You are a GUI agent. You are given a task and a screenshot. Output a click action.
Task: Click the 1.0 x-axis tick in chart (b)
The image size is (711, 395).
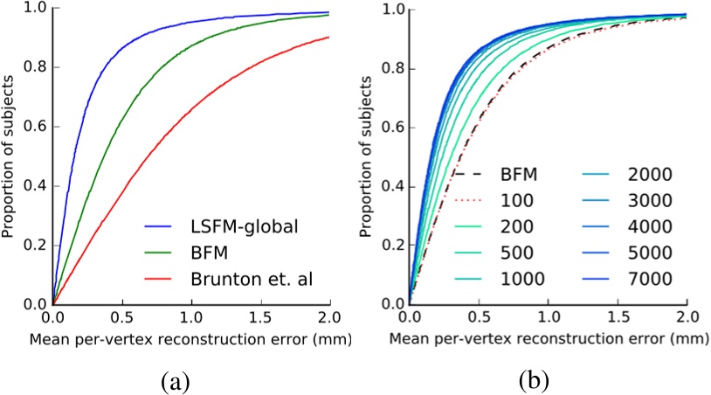(x=547, y=318)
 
